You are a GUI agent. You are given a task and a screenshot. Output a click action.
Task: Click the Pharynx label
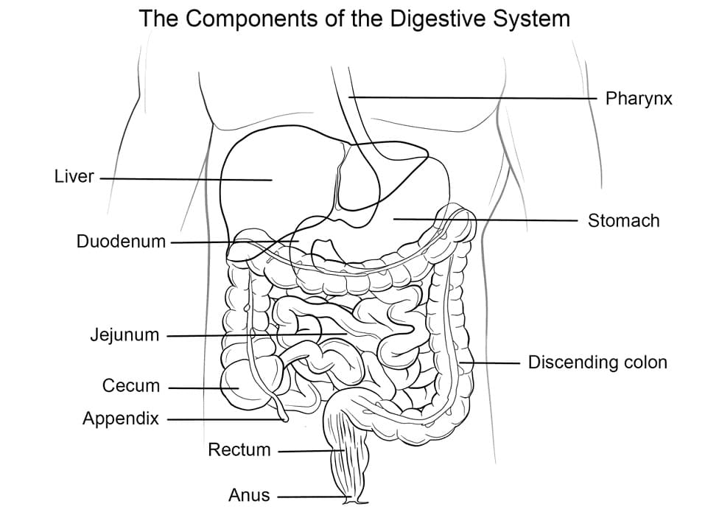click(638, 99)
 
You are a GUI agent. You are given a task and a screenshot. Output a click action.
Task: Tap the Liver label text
click(74, 177)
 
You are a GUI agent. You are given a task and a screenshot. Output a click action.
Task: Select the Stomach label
click(623, 220)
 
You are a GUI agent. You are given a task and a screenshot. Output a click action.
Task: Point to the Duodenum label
click(121, 242)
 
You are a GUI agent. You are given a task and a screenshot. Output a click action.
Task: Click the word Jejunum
click(124, 335)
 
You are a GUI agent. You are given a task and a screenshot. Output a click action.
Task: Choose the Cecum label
click(131, 385)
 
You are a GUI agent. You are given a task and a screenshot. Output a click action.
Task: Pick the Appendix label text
click(121, 419)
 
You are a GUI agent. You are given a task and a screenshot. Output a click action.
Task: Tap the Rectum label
click(239, 449)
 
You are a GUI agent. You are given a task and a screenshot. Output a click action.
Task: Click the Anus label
click(249, 496)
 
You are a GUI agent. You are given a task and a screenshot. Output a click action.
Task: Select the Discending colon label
click(597, 362)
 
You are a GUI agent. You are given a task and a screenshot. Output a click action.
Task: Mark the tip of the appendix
click(284, 419)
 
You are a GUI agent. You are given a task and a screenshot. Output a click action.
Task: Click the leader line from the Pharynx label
click(471, 97)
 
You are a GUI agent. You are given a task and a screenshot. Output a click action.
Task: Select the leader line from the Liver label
click(184, 178)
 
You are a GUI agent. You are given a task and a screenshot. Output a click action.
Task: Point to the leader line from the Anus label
click(309, 497)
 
